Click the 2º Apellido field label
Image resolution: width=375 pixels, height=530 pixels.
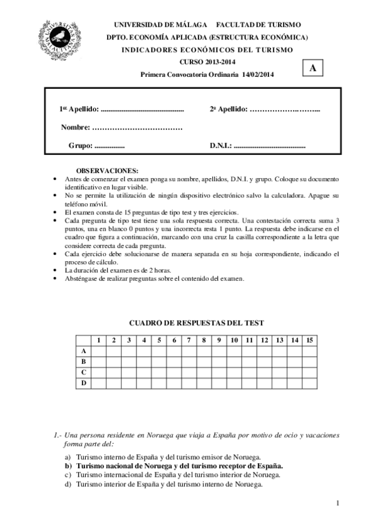(229, 109)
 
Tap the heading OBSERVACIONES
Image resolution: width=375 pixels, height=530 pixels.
(107, 171)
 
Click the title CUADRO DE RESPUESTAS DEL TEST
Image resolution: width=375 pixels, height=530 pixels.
(197, 323)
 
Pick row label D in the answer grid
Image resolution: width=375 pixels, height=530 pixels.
(83, 382)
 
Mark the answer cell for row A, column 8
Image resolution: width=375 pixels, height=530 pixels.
(204, 351)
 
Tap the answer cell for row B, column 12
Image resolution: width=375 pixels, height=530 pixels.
(264, 361)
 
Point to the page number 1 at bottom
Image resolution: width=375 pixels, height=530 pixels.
(337, 503)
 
